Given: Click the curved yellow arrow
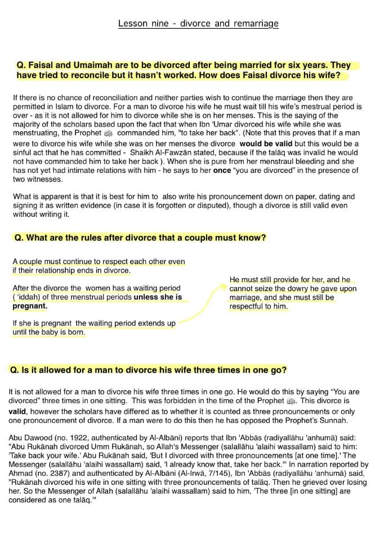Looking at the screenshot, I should [205, 301].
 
